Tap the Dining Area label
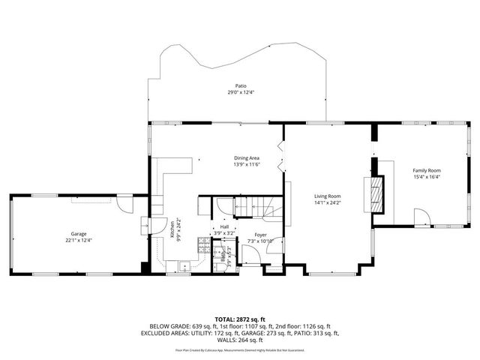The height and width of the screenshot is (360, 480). pyautogui.click(x=246, y=157)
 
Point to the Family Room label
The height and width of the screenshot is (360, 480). pyautogui.click(x=426, y=171)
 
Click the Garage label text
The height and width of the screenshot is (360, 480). pyautogui.click(x=79, y=233)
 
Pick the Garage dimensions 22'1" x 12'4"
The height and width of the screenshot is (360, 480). pyautogui.click(x=79, y=240)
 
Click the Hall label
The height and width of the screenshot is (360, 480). pyautogui.click(x=224, y=227)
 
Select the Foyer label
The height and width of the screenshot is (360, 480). pyautogui.click(x=259, y=235)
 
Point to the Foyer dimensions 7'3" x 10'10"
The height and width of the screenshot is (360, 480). pyautogui.click(x=259, y=241)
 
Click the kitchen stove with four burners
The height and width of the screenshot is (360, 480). pyautogui.click(x=202, y=243)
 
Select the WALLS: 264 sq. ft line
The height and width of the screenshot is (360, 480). pyautogui.click(x=240, y=340)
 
